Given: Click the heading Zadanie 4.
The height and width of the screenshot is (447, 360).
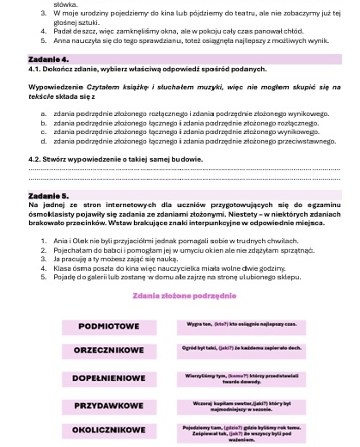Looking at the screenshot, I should (x=48, y=58).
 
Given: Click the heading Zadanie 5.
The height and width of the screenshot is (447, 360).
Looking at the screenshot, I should (x=48, y=196).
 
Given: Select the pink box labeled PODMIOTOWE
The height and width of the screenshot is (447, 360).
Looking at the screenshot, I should (x=108, y=328).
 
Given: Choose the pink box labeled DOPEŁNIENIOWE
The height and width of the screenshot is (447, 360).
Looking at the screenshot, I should (x=108, y=377).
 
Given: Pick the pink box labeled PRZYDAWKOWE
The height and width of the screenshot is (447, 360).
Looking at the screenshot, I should (x=108, y=403).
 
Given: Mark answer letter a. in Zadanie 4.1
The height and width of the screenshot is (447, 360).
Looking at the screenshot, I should (x=43, y=113).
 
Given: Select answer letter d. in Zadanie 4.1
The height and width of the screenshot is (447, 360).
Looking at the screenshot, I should (x=43, y=141).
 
